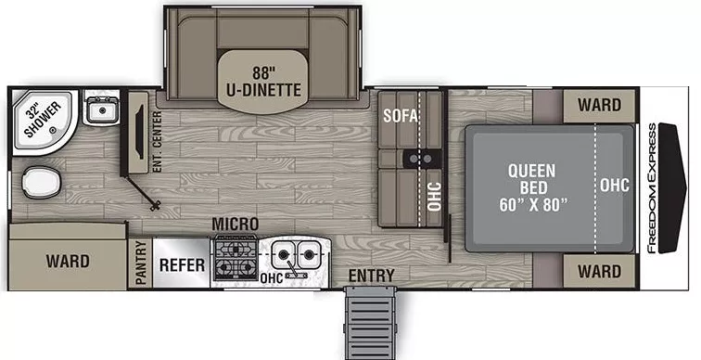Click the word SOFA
(x=401, y=116)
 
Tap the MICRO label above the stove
(x=235, y=225)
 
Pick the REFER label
(x=181, y=264)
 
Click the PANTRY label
(x=141, y=264)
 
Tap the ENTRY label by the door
(x=371, y=276)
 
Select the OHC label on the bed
(x=614, y=186)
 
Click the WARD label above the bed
(x=599, y=105)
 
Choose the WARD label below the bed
(x=599, y=271)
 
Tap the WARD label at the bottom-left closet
(x=68, y=261)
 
